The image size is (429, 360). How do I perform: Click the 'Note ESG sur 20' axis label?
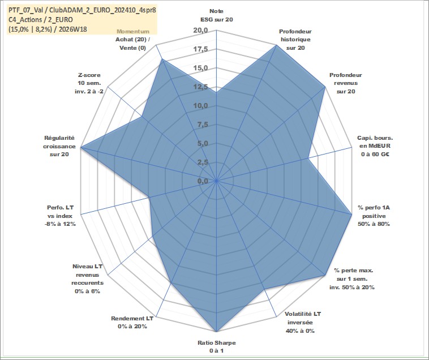(216, 15)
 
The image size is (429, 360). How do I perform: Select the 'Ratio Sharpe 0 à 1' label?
(216, 346)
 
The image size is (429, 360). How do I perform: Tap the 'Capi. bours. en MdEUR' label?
(375, 142)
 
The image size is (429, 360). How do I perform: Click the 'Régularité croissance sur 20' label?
(59, 146)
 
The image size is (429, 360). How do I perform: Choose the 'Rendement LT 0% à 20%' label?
(132, 322)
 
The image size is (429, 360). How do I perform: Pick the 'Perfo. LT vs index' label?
(60, 212)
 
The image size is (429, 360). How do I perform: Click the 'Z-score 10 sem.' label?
(89, 79)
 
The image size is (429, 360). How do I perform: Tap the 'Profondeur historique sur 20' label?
(295, 40)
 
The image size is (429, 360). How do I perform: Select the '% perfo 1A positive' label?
(374, 212)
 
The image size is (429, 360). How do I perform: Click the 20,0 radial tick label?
(200, 31)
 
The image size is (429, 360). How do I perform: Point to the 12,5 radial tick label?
(200, 87)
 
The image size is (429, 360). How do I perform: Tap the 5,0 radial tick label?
(203, 143)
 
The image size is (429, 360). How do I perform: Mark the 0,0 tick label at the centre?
(203, 181)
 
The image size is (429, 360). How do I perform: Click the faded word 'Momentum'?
(133, 32)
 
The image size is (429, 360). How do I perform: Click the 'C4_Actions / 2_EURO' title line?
(41, 20)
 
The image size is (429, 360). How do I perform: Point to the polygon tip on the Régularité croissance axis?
(81, 148)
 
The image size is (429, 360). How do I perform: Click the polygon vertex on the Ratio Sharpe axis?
(216, 332)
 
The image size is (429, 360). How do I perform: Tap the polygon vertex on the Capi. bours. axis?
(308, 158)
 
